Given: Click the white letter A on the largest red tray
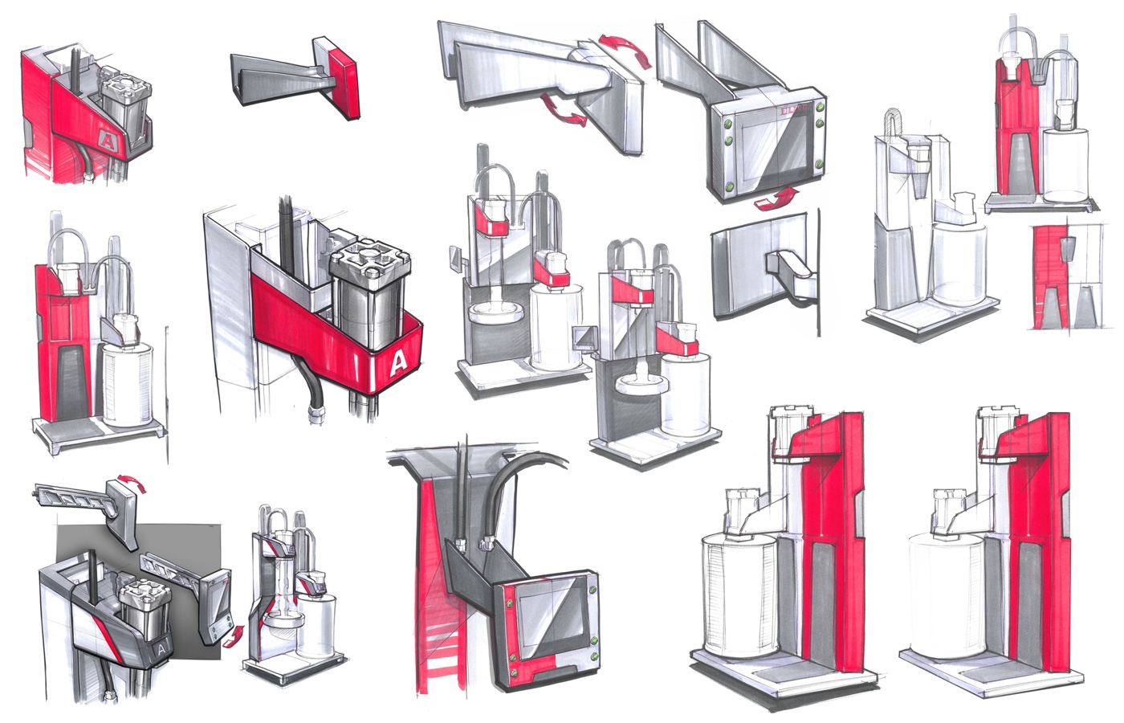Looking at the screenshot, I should (397, 365).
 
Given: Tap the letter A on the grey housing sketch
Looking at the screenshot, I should (162, 647).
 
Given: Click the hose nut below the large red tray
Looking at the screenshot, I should (316, 415).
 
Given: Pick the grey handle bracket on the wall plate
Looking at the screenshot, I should (791, 272).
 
